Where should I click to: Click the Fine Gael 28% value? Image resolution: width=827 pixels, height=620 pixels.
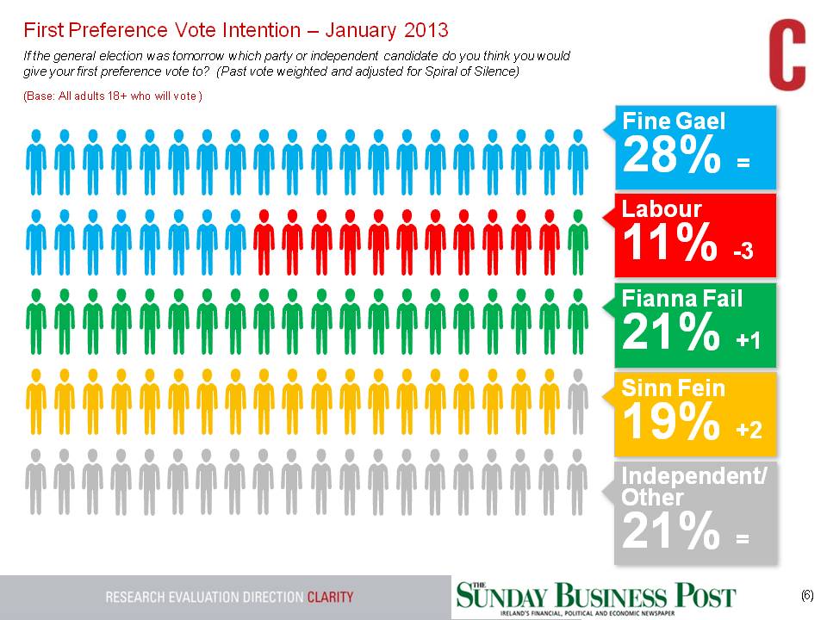672,156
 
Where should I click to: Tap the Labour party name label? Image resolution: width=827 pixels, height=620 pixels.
662,208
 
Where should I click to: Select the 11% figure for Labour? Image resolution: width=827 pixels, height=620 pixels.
669,245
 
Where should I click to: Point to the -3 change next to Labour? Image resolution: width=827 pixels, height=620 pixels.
743,252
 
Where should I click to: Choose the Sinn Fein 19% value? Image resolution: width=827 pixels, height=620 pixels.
670,422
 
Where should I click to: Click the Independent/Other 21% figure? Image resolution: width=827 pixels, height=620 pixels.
670,531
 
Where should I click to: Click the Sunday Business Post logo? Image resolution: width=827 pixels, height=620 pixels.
596,596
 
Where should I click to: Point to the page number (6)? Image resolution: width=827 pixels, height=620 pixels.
807,595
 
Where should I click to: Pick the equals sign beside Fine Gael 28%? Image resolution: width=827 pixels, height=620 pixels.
743,162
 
